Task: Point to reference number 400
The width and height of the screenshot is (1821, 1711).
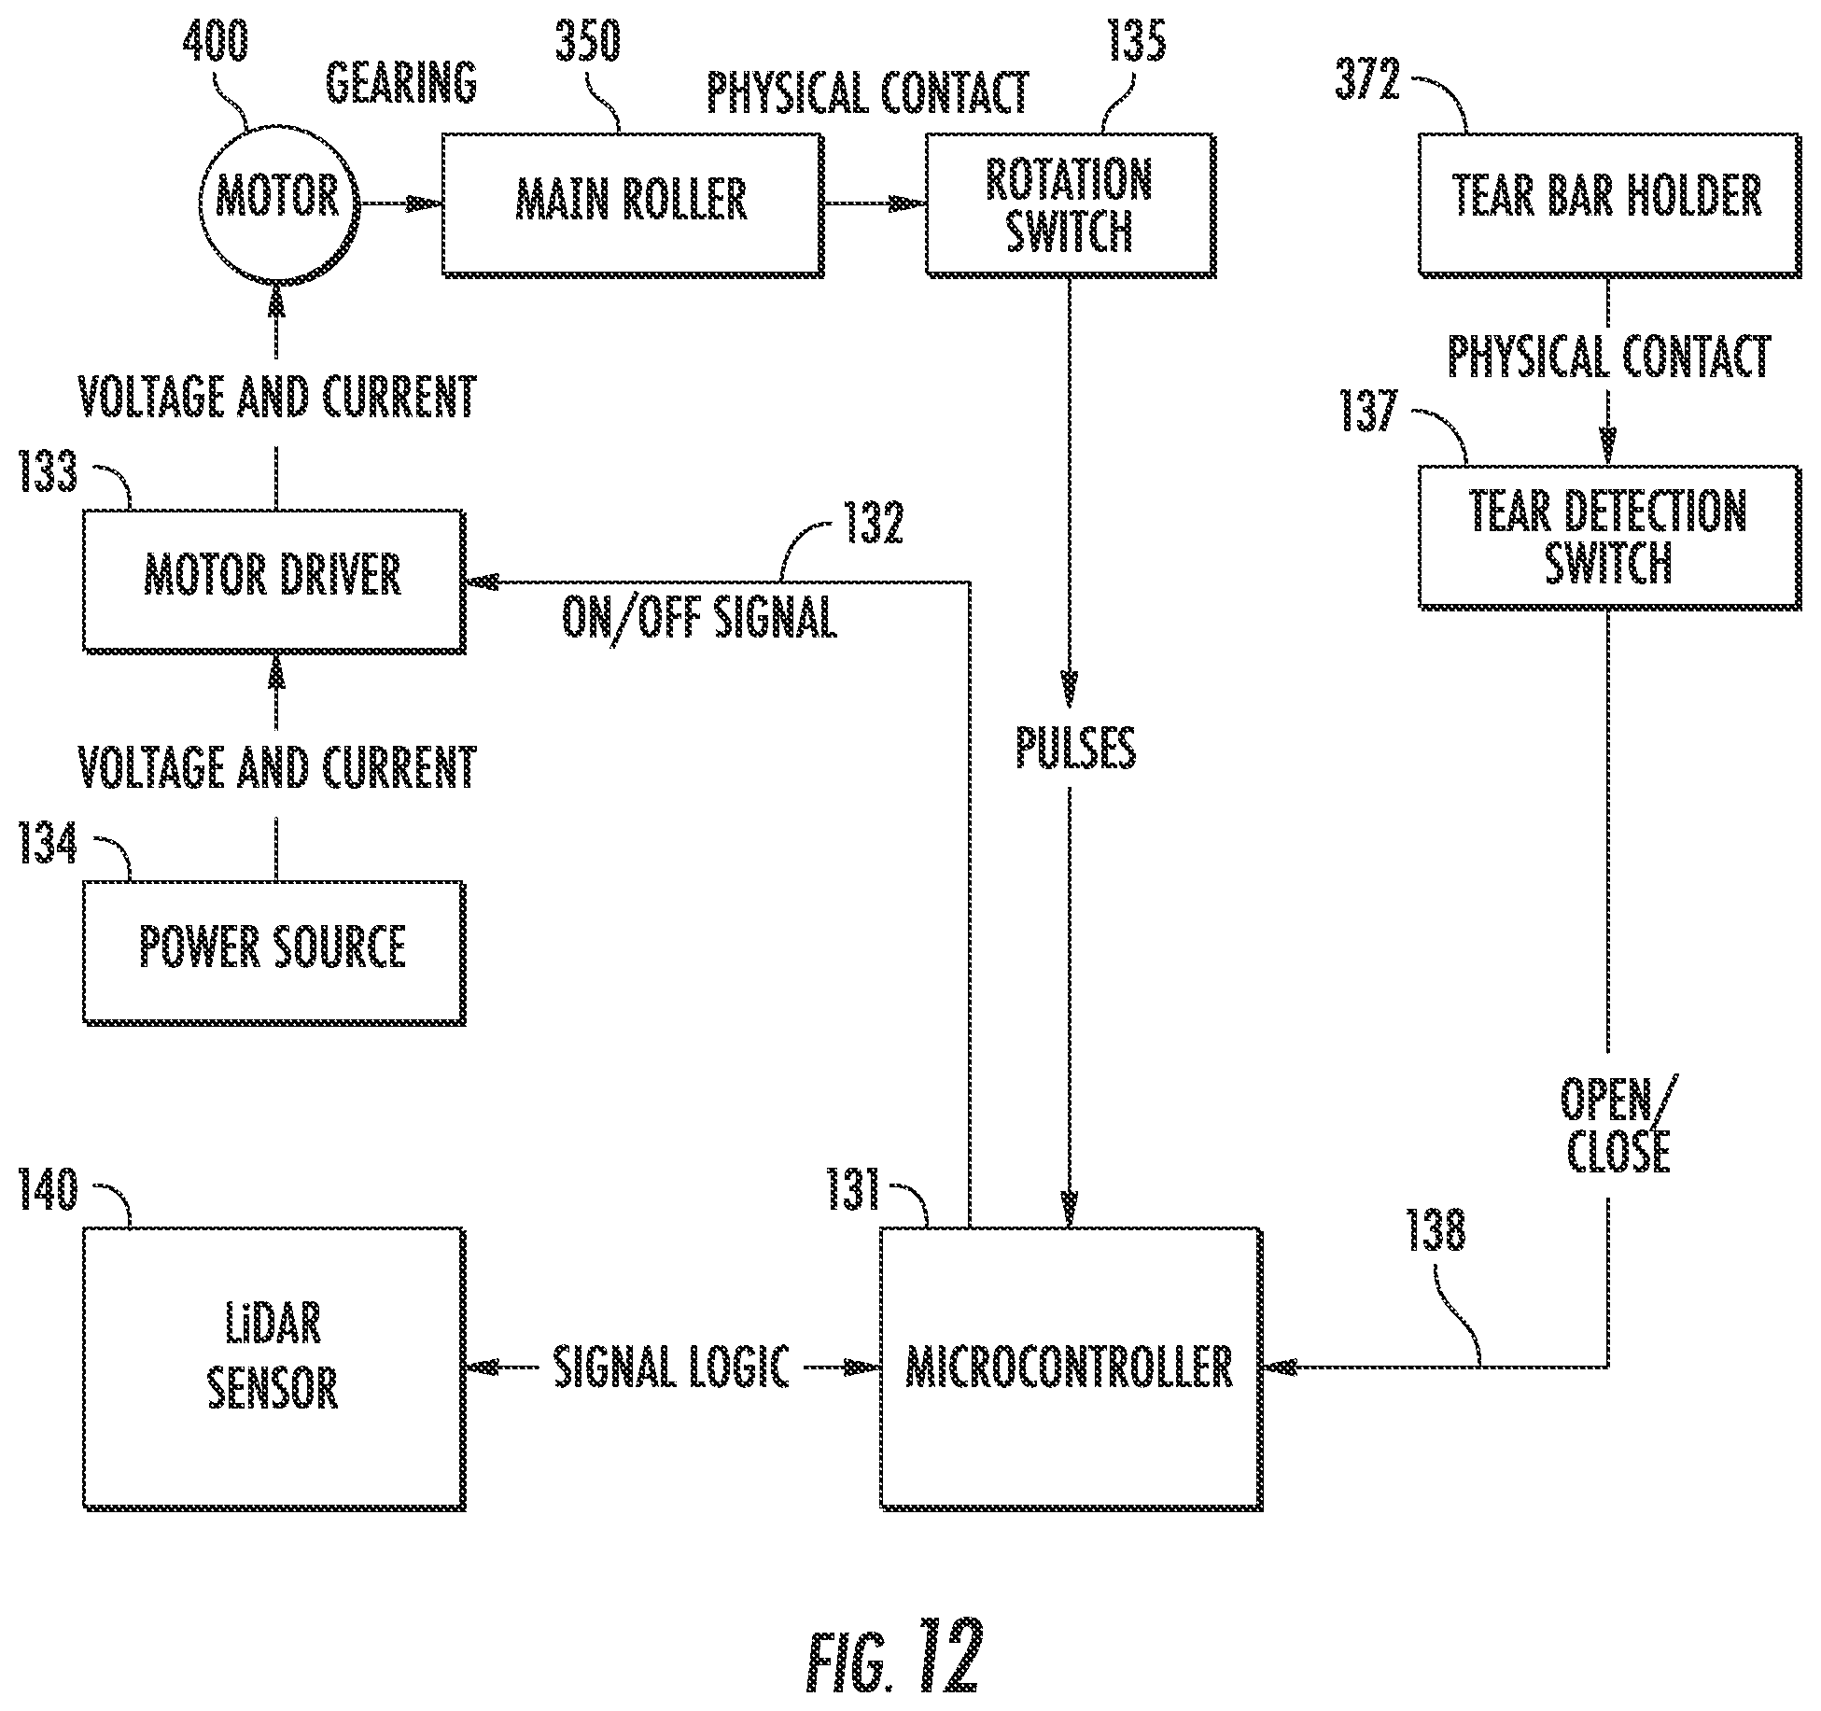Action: pos(216,41)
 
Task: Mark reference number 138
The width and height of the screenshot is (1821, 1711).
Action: pos(1436,1229)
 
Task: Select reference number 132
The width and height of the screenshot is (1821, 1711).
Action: pos(873,523)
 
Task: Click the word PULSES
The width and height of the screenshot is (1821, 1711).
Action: pos(1076,748)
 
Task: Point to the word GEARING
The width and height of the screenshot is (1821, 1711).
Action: pos(401,82)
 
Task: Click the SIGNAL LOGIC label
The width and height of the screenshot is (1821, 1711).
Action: pos(672,1367)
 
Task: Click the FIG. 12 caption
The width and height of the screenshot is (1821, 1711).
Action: pos(894,1656)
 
